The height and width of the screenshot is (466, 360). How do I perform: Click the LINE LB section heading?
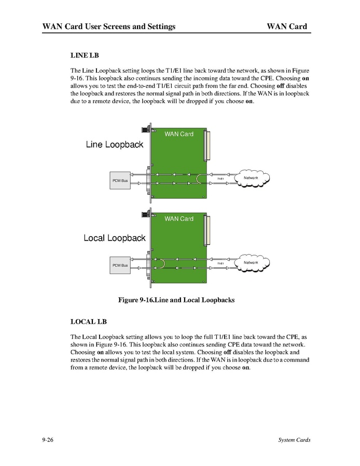point(84,55)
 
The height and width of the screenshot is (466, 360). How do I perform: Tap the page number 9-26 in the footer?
point(49,440)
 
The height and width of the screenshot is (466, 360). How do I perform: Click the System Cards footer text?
point(294,440)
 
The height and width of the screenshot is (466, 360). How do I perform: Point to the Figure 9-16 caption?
point(176,300)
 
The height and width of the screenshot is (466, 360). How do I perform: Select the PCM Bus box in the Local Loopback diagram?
point(120,265)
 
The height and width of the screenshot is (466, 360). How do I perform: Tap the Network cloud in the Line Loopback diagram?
point(251,178)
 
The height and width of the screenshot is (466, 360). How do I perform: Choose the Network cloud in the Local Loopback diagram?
point(251,263)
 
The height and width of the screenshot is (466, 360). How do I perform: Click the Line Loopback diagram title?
point(114,145)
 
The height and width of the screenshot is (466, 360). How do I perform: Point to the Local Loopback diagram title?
point(115,238)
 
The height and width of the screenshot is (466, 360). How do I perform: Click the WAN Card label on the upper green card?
point(179,134)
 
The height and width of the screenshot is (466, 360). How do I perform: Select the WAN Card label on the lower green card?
point(179,219)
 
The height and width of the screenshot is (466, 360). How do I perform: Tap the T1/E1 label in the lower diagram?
point(220,264)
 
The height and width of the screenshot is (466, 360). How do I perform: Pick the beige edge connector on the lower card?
point(210,231)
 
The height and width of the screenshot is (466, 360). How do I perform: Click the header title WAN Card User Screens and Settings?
point(109,26)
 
